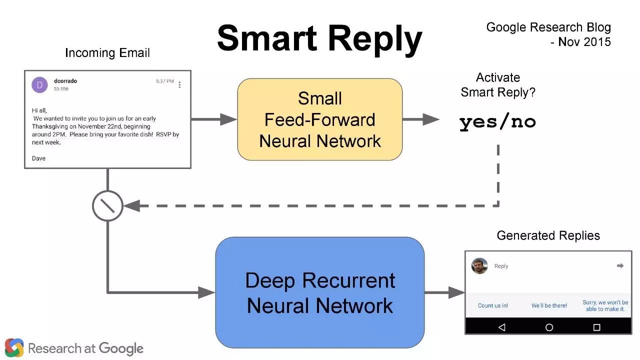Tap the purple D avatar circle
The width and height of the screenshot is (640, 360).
(39, 85)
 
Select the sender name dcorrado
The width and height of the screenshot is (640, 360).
(65, 81)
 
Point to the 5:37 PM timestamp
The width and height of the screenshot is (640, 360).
(165, 81)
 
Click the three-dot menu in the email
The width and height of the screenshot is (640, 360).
(179, 85)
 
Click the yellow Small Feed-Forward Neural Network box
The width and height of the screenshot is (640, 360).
(319, 119)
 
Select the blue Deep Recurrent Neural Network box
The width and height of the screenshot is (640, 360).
(319, 292)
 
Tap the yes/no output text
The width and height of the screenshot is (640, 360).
(497, 122)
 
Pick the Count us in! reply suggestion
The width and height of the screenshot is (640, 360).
(493, 305)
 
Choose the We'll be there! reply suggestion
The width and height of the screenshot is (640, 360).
(549, 305)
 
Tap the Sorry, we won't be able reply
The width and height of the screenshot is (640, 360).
(605, 305)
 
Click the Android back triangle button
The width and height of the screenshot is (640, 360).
(502, 327)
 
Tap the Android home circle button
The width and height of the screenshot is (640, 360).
(549, 327)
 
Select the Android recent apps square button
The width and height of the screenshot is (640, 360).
(596, 327)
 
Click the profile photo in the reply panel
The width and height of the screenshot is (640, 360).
(479, 265)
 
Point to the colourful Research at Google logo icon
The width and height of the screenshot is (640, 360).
(14, 347)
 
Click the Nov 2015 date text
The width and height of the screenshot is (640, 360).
(584, 42)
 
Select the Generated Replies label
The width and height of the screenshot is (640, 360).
(548, 235)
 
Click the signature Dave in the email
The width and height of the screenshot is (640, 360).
(38, 158)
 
